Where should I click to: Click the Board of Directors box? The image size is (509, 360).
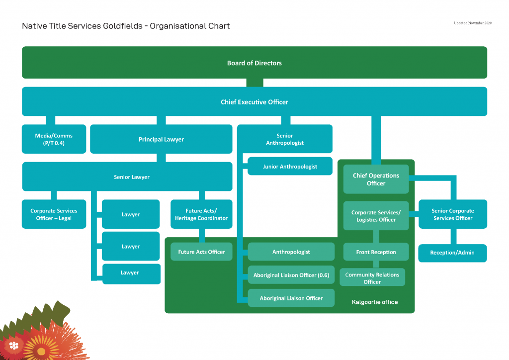[x=254, y=63]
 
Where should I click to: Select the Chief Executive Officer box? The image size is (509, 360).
[x=254, y=102]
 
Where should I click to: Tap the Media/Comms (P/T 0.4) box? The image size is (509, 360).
[x=54, y=139]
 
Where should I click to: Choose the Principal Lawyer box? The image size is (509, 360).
[x=161, y=139]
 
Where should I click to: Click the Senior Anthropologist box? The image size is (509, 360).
[x=284, y=139]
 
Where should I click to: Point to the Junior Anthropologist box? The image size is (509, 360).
[x=290, y=167]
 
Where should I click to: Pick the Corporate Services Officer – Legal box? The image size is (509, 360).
[x=54, y=214]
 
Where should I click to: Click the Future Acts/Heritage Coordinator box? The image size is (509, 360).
[x=201, y=214]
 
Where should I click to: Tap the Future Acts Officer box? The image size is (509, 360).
[x=201, y=252]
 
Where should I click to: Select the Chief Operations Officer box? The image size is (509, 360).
[x=376, y=179]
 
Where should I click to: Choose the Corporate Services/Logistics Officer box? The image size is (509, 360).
[x=376, y=216]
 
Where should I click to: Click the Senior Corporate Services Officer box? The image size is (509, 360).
[x=452, y=214]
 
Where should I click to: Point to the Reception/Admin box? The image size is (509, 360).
[x=452, y=253]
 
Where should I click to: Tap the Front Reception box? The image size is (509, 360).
[x=376, y=252]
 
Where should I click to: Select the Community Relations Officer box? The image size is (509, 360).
[x=372, y=278]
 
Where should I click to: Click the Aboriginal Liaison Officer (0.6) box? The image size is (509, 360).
[x=291, y=275]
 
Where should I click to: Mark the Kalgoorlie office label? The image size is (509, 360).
[x=374, y=302]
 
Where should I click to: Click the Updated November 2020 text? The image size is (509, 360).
[x=472, y=23]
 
